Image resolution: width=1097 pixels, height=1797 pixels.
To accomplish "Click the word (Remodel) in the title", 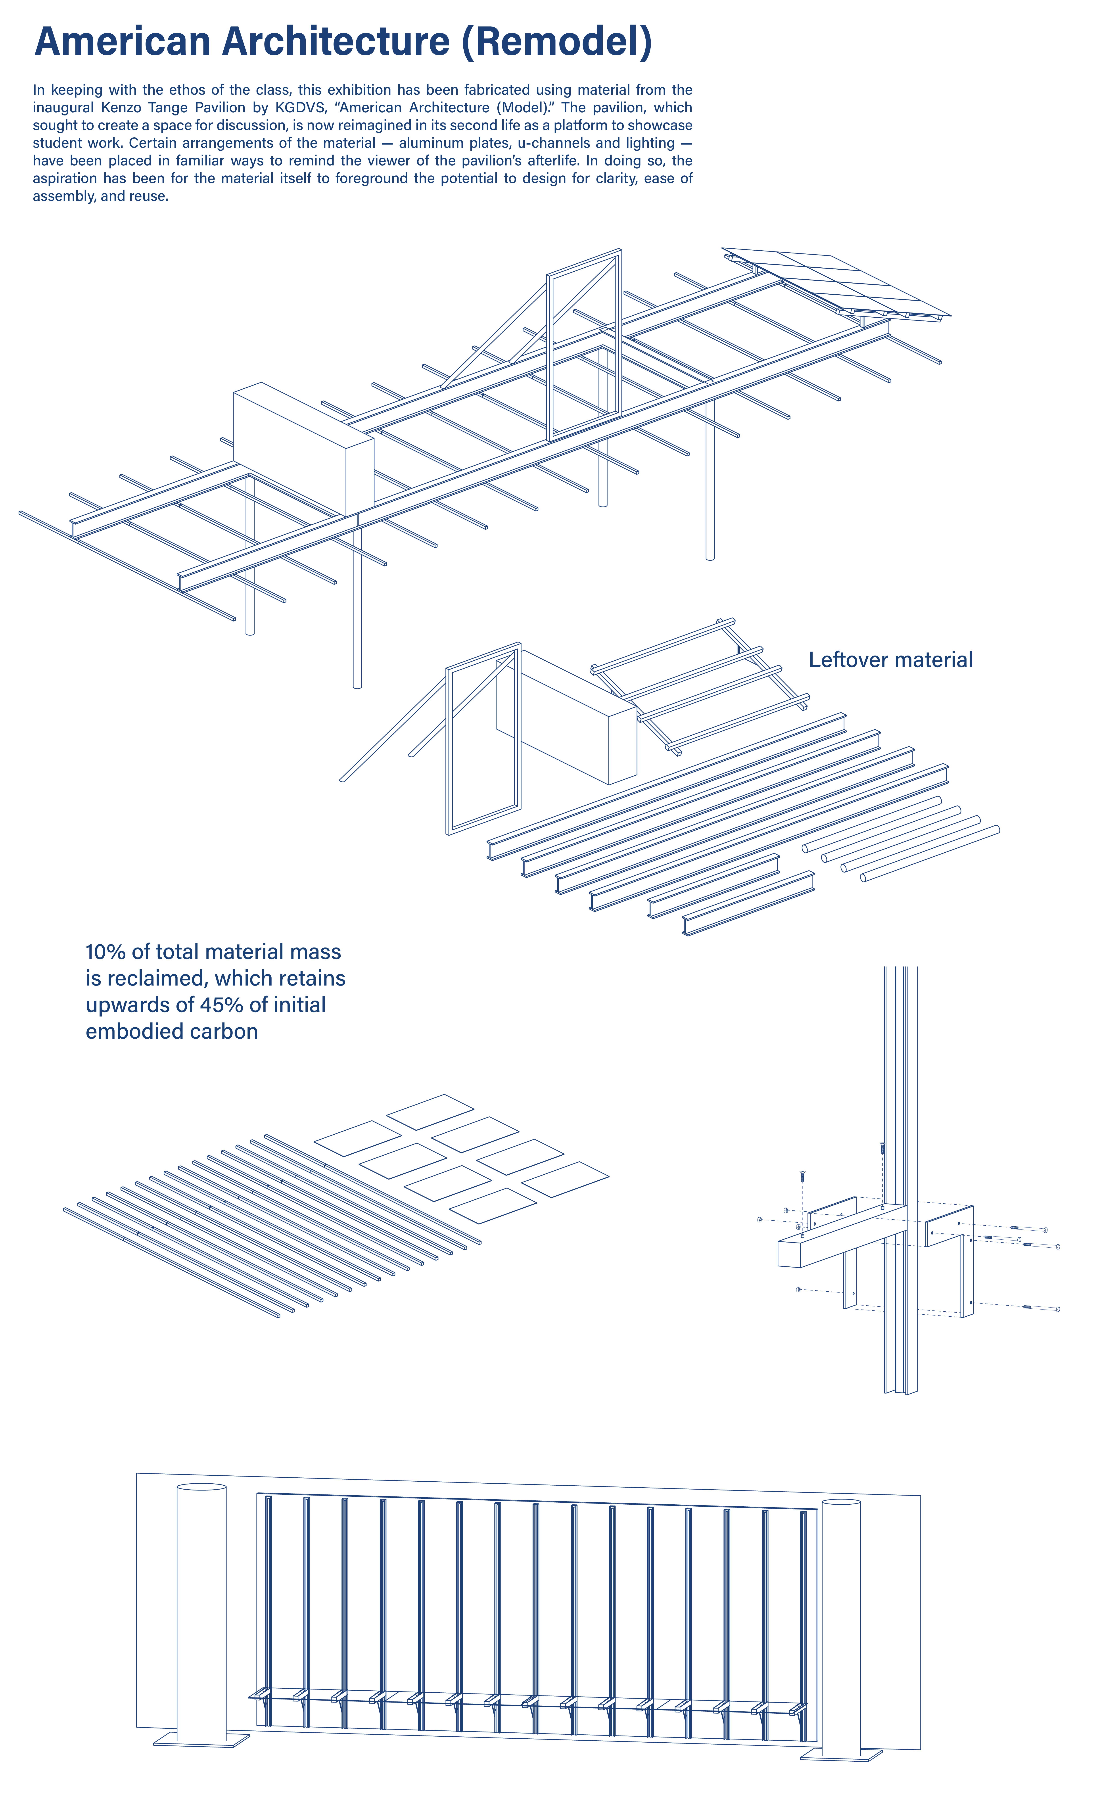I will click(556, 42).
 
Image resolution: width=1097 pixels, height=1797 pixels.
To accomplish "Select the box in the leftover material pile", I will click(565, 718).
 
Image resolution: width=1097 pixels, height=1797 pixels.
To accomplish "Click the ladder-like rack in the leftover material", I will click(700, 686).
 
